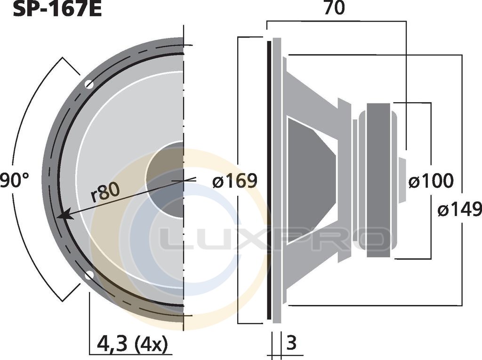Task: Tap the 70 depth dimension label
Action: pos(335,8)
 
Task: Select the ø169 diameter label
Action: pos(234,181)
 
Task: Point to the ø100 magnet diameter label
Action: pos(431,181)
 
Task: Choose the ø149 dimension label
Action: pos(459,209)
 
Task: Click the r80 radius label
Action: pos(105,192)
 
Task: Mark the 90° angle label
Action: pos(14,180)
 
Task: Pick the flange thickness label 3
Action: pos(291,343)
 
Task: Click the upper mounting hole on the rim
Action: pos(89,84)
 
